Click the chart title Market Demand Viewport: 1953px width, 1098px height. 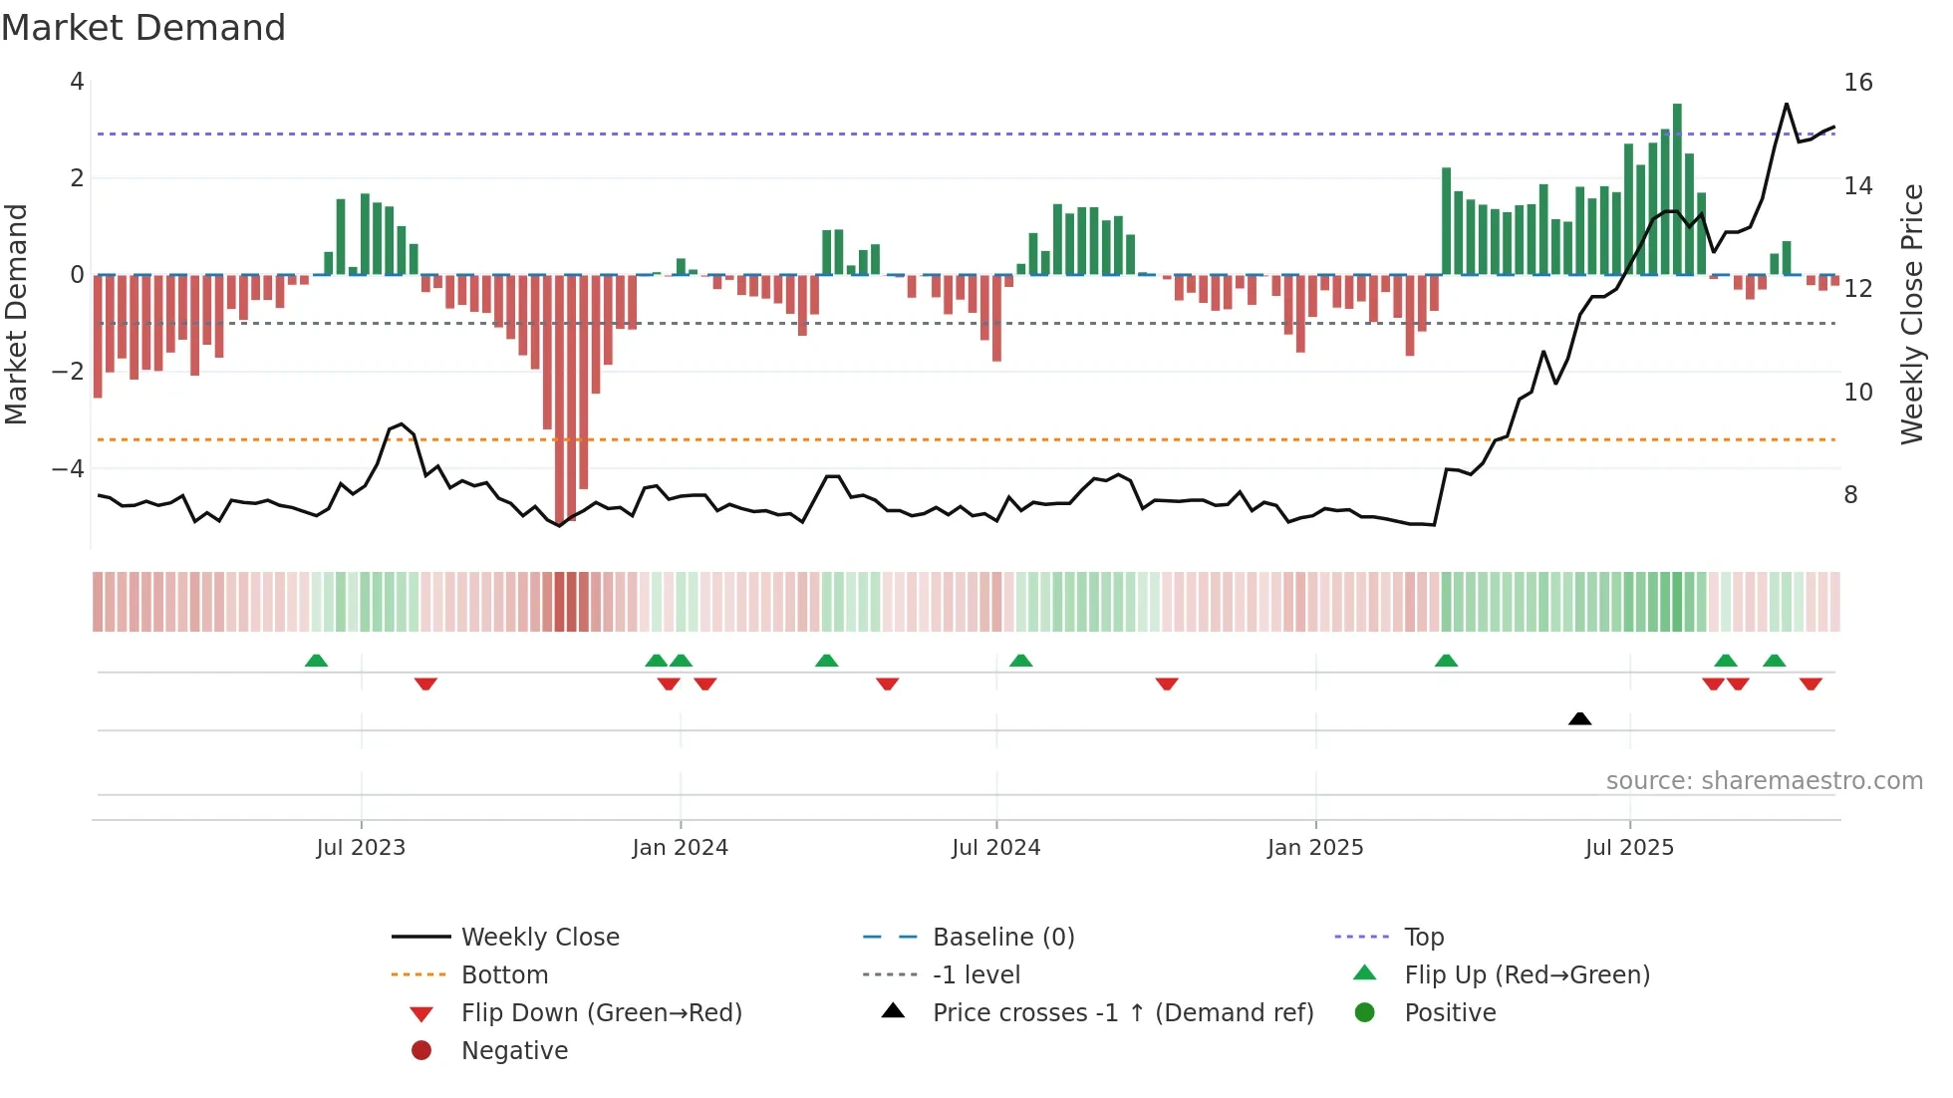(x=143, y=28)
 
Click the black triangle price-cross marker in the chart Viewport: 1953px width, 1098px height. (x=1579, y=718)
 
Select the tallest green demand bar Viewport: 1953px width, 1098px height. (x=1677, y=189)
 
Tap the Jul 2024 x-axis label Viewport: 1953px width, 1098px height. (x=995, y=848)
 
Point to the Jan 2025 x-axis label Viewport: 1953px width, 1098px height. (x=1315, y=848)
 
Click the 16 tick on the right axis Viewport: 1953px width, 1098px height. (x=1857, y=83)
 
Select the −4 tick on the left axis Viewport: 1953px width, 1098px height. (x=68, y=468)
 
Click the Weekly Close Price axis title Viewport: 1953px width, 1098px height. (x=1911, y=314)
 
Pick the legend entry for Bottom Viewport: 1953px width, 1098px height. (x=504, y=975)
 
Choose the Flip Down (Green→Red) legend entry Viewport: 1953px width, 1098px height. (x=601, y=1013)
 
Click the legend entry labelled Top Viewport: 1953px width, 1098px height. (x=1424, y=938)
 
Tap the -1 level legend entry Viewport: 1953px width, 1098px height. (x=976, y=975)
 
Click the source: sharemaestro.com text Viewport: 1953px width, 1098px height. (x=1764, y=781)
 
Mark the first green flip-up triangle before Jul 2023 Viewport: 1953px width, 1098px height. (x=316, y=661)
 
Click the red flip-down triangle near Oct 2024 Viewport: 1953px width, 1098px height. (x=1167, y=684)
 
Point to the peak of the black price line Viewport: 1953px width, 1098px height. (x=1786, y=104)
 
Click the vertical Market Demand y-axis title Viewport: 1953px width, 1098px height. (x=17, y=314)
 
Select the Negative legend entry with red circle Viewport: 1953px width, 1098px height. (x=514, y=1051)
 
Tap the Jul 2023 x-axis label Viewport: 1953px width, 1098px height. (x=361, y=848)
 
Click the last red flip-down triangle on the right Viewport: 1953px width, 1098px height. (x=1811, y=684)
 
